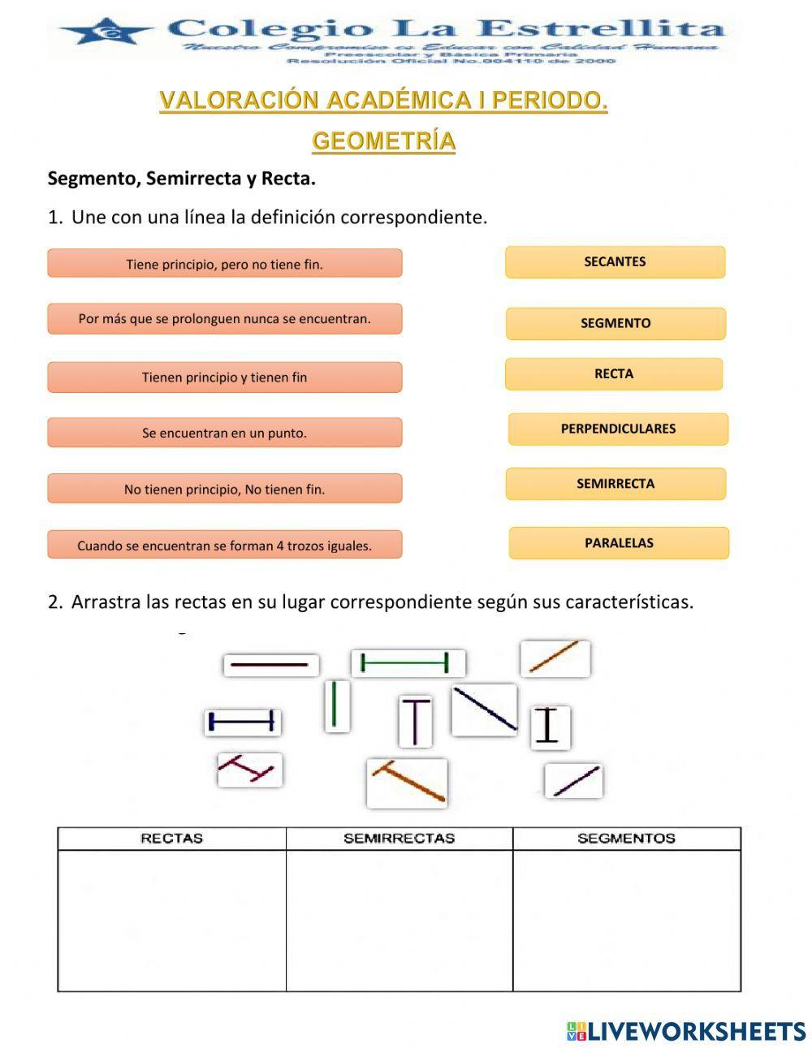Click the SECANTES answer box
pos(615,262)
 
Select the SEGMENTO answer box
pos(615,323)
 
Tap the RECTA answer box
pos(614,374)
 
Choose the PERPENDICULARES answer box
pos(618,429)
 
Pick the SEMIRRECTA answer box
pos(615,484)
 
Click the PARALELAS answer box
pos(619,543)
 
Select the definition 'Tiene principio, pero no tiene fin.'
pos(224,264)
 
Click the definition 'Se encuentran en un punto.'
pos(224,433)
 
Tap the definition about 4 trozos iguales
pos(224,545)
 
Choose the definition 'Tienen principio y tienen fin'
pos(224,377)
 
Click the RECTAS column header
pos(171,839)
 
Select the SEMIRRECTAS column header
pos(399,839)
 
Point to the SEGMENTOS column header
pos(626,839)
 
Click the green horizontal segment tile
pos(408,663)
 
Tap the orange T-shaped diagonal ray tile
pos(407,783)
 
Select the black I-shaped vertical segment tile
pos(550,726)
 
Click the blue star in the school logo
pos(106,32)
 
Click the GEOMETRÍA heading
pos(383,141)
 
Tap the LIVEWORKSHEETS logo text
pos(686,1031)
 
